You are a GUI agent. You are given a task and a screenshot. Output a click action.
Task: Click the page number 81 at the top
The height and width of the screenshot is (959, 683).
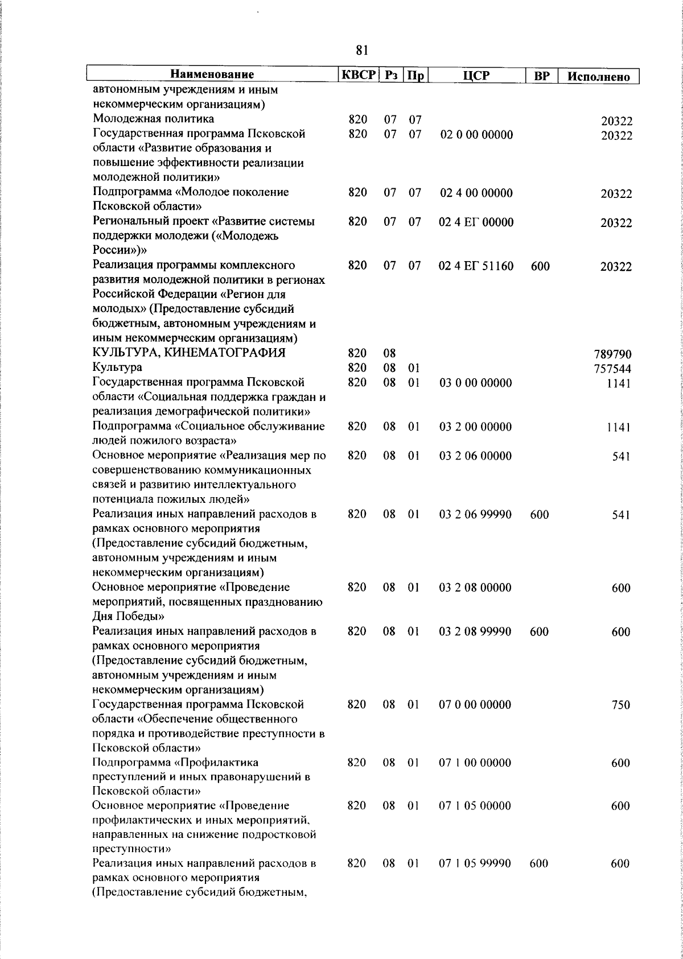(x=361, y=51)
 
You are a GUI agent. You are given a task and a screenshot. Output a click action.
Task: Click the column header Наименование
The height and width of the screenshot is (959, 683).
(x=213, y=75)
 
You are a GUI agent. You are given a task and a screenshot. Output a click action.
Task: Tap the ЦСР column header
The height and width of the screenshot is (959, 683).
(x=476, y=75)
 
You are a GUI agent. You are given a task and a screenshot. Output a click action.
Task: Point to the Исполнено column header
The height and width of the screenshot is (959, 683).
(x=599, y=76)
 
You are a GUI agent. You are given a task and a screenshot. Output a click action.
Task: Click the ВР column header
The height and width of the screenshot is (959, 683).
(x=541, y=75)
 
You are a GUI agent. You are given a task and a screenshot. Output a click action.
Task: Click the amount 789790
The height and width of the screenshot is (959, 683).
(x=612, y=355)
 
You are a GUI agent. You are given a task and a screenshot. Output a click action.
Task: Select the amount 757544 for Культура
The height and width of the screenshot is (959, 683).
(x=612, y=369)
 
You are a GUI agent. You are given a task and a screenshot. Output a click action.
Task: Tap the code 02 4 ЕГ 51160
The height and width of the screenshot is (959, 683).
(x=476, y=266)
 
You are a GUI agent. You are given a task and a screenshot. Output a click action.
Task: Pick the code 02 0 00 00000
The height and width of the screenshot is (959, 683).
(x=476, y=135)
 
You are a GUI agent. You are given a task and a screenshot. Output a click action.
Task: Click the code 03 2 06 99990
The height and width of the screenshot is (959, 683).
(x=476, y=515)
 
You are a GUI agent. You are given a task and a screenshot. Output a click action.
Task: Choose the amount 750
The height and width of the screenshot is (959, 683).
(x=620, y=705)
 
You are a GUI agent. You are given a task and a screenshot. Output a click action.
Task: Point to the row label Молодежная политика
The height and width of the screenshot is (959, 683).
(x=154, y=119)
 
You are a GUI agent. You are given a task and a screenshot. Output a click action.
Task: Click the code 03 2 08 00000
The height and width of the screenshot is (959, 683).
(x=476, y=588)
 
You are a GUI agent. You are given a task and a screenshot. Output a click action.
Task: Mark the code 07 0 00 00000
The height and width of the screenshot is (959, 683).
(x=476, y=705)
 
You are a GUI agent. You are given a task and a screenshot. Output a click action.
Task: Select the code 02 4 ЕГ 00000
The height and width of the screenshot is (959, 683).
(x=476, y=222)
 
